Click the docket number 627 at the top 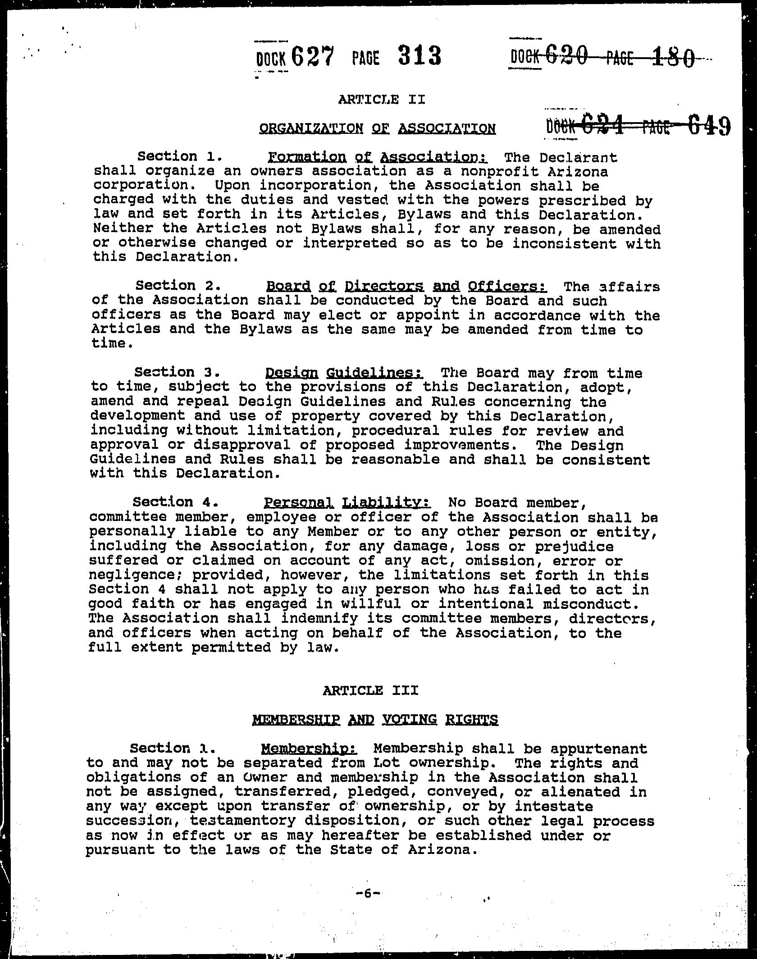[x=312, y=57]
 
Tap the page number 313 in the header [x=419, y=57]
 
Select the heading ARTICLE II [x=382, y=99]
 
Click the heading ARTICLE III [x=370, y=690]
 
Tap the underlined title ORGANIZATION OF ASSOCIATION [x=378, y=129]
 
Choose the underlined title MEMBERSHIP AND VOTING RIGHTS [x=375, y=719]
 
